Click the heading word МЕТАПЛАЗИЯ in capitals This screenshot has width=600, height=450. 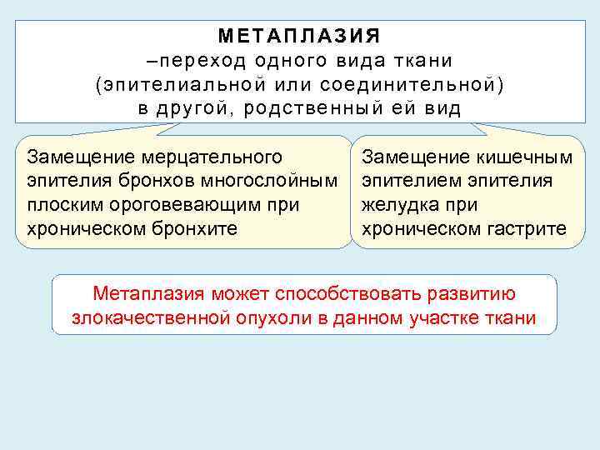(x=299, y=36)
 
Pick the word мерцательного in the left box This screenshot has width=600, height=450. (x=217, y=157)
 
